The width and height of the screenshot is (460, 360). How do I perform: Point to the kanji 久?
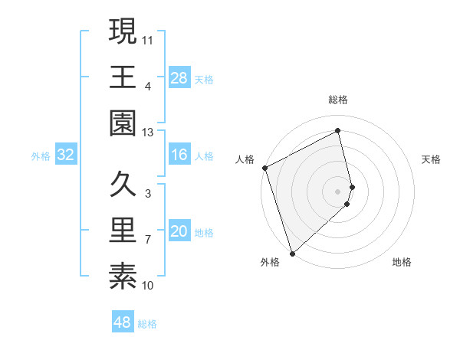[x=123, y=184]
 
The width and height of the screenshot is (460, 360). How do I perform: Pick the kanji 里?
[x=123, y=230]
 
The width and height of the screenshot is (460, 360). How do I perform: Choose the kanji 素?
[x=123, y=276]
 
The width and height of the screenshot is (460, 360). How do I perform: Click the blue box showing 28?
[x=179, y=77]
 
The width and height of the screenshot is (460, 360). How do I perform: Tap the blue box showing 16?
[x=179, y=155]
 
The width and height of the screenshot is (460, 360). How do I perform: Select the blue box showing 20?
[x=179, y=232]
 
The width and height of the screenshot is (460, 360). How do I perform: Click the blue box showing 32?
[x=66, y=155]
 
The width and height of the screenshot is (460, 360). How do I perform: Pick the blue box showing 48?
[x=123, y=322]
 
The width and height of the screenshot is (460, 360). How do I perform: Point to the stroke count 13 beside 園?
[x=148, y=133]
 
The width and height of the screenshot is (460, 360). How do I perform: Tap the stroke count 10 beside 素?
[x=148, y=286]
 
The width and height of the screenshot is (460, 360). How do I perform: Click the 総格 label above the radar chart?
[x=338, y=100]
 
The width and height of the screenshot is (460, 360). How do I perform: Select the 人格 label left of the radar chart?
[x=245, y=159]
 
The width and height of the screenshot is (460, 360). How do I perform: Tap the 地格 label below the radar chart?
[x=402, y=263]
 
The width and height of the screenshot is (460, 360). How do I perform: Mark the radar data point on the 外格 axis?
[x=292, y=253]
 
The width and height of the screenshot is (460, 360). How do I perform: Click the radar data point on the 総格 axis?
[x=338, y=130]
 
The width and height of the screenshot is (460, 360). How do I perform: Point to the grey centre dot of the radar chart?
[x=338, y=190]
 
